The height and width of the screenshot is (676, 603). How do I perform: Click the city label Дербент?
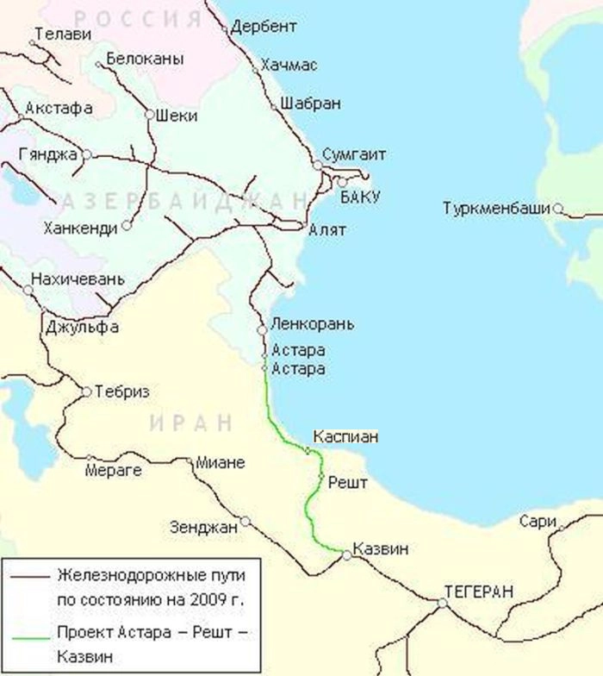264,27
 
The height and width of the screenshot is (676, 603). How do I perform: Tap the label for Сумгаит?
353,154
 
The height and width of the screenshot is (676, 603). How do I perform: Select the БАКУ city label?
360,197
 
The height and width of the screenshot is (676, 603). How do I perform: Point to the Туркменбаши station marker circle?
558,208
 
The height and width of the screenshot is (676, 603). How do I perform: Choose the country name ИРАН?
191,422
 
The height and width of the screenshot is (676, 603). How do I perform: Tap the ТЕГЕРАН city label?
479,591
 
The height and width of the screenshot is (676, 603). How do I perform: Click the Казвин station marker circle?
346,556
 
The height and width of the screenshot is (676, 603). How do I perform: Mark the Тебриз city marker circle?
86,391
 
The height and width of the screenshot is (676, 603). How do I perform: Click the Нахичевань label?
78,279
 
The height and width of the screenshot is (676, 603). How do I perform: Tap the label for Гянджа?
47,154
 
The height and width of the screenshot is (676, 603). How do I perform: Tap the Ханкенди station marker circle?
127,225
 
